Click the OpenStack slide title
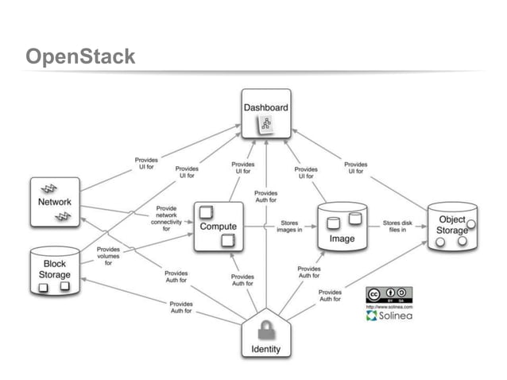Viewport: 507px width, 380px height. coord(79,58)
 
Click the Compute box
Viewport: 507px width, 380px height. coord(218,227)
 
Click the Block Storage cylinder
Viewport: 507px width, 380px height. coord(55,270)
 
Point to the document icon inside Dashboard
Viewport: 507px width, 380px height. coord(265,124)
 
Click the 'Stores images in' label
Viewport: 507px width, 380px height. coord(288,227)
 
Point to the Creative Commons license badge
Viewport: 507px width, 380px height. coord(389,293)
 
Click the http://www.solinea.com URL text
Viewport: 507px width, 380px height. coord(389,305)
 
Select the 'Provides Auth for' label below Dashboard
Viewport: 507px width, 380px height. coord(266,196)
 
